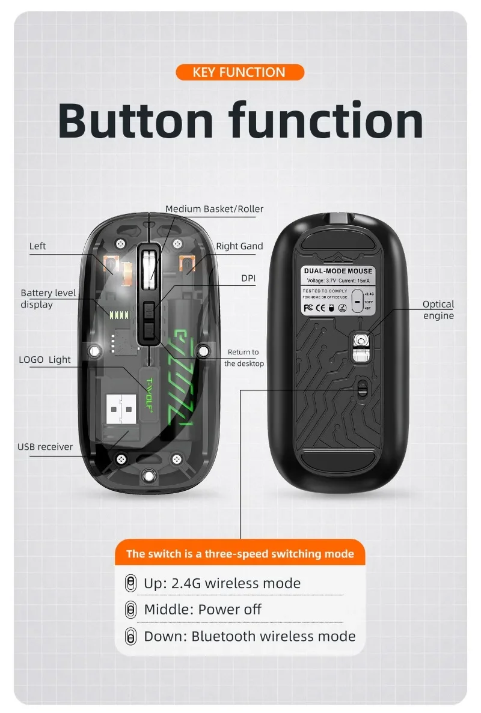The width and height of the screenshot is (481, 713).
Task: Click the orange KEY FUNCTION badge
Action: tap(240, 73)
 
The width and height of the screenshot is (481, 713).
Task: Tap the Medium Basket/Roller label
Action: tap(214, 209)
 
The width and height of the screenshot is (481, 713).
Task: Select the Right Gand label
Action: tap(239, 246)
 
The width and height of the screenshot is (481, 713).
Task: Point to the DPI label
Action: tap(248, 278)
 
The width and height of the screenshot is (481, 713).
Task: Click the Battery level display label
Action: tap(48, 299)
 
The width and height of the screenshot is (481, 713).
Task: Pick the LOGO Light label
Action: tap(44, 359)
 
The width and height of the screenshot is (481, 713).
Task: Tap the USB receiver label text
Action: tap(45, 446)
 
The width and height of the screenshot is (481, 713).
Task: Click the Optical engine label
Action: tap(438, 310)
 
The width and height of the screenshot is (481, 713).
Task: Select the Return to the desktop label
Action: tap(244, 357)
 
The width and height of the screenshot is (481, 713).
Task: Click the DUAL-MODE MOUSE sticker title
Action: tap(338, 272)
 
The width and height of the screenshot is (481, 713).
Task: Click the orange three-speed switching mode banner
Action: tap(240, 554)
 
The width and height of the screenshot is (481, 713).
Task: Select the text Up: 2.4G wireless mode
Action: tap(222, 583)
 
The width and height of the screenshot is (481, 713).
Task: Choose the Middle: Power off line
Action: tap(203, 609)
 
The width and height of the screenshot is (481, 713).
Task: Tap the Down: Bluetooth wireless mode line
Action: tap(250, 636)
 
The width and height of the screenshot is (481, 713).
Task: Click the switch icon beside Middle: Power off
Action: tap(130, 610)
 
